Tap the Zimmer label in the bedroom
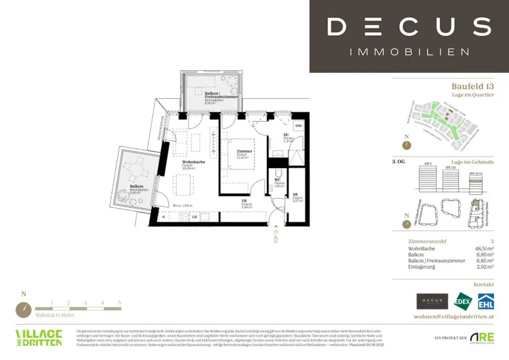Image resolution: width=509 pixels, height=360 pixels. pyautogui.click(x=245, y=151)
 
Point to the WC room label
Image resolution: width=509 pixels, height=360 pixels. pyautogui.click(x=278, y=180)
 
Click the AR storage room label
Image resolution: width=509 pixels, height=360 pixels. pyautogui.click(x=295, y=194)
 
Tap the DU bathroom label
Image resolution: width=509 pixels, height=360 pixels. pyautogui.click(x=286, y=135)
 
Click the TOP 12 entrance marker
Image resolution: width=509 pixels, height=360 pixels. pyautogui.click(x=276, y=235)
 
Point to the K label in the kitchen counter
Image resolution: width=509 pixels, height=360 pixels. pyautogui.click(x=164, y=216)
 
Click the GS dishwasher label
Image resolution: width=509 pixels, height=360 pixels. pyautogui.click(x=195, y=217)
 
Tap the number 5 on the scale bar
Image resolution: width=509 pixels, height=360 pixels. pyautogui.click(x=119, y=302)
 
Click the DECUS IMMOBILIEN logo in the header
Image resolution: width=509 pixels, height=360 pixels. pyautogui.click(x=409, y=36)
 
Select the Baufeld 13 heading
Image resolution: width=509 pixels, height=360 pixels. pyautogui.click(x=472, y=86)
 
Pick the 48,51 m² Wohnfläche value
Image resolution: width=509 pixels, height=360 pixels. pyautogui.click(x=484, y=248)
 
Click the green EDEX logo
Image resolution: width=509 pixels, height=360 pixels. pyautogui.click(x=464, y=301)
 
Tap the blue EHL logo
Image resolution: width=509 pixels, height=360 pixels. pyautogui.click(x=486, y=301)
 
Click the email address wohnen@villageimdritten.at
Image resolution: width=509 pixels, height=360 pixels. pyautogui.click(x=454, y=317)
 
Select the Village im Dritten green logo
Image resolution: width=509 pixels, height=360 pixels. pyautogui.click(x=39, y=337)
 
